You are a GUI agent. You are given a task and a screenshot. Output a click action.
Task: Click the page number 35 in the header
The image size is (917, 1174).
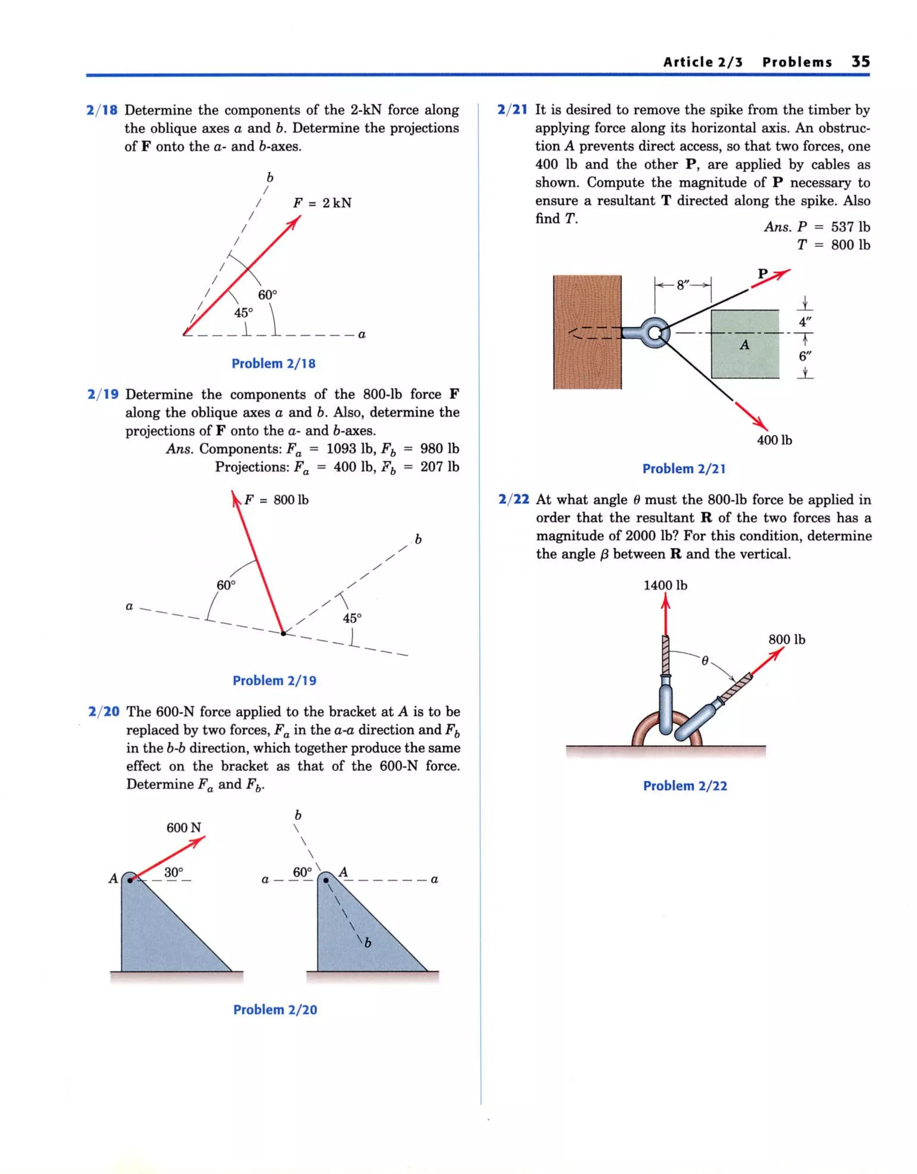[860, 61]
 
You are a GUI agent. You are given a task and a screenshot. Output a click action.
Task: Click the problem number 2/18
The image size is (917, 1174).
[102, 110]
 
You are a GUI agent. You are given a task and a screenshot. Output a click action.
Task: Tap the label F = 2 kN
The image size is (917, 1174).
[321, 203]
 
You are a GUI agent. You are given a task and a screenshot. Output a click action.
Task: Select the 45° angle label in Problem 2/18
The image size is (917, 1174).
[243, 312]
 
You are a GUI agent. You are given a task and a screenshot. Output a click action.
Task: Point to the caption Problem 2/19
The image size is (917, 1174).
[274, 680]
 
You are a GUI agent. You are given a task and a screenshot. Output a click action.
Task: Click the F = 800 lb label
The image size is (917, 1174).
[276, 500]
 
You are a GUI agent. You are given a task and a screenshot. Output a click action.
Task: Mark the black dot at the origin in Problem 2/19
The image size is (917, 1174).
[283, 634]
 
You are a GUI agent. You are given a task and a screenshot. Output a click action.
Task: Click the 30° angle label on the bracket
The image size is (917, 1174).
[174, 872]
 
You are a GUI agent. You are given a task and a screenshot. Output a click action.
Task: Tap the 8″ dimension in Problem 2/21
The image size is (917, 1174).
[683, 285]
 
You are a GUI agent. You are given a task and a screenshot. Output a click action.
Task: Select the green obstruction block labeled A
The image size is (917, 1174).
[745, 344]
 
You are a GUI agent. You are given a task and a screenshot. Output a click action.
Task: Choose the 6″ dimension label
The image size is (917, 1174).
[805, 356]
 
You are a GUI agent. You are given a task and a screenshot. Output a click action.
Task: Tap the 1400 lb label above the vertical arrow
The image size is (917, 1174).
[665, 585]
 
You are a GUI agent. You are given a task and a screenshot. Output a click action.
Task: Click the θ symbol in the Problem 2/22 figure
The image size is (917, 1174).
[705, 661]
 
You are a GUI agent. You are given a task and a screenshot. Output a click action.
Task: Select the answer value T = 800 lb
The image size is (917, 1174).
[833, 245]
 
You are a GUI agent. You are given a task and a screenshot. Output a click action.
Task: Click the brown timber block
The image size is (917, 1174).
[587, 332]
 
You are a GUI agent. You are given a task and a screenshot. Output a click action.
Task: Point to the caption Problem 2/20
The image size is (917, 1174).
[275, 1009]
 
